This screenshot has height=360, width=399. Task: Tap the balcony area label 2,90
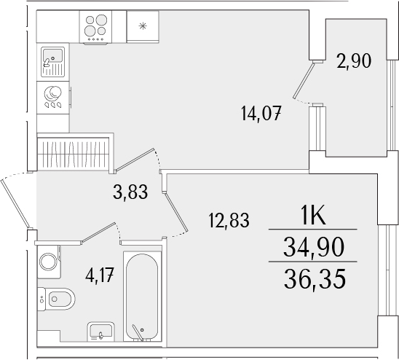click(355, 60)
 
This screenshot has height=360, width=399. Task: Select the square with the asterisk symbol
click(143, 26)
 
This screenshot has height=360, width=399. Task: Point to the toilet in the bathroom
click(58, 297)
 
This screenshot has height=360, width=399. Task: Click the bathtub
click(141, 297)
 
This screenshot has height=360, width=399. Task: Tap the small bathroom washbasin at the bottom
click(100, 332)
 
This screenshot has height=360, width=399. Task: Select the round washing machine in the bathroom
click(48, 261)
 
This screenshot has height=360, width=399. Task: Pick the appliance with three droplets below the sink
click(52, 98)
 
